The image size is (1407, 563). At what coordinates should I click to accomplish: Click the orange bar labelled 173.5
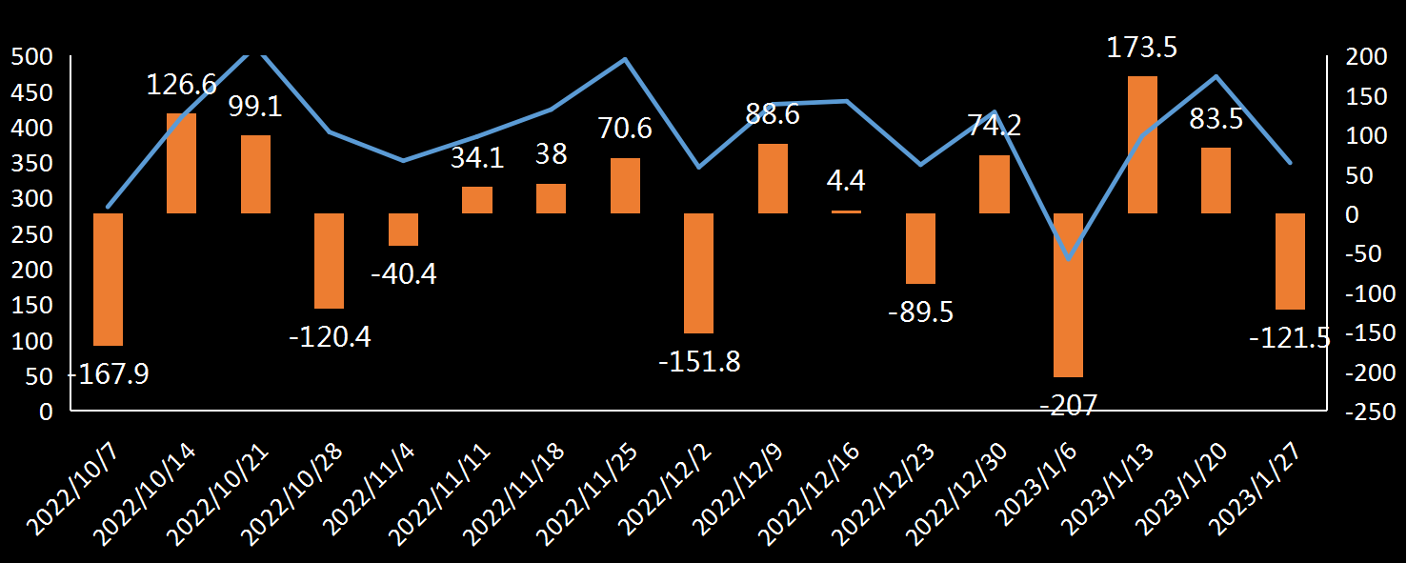[x=1142, y=144]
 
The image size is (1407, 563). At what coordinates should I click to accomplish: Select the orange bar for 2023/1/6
[x=1068, y=295]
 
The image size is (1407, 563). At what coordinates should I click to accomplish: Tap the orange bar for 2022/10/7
[x=108, y=279]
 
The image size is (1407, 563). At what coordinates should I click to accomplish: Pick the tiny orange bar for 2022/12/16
[x=847, y=211]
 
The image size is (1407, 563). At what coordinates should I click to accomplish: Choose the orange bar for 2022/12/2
[x=699, y=273]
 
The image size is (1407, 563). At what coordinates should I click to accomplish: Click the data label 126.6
[x=182, y=85]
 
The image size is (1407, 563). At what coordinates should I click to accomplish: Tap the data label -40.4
[x=404, y=274]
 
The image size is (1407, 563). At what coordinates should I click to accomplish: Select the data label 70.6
[x=625, y=128]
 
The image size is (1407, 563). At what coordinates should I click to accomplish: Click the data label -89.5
[x=920, y=312]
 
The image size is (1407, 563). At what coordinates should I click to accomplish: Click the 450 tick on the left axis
[x=29, y=92]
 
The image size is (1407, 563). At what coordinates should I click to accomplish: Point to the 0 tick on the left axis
[x=47, y=412]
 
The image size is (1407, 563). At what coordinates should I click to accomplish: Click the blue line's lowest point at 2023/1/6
[x=1068, y=258]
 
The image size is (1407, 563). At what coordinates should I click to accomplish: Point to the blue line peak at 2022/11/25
[x=625, y=59]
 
